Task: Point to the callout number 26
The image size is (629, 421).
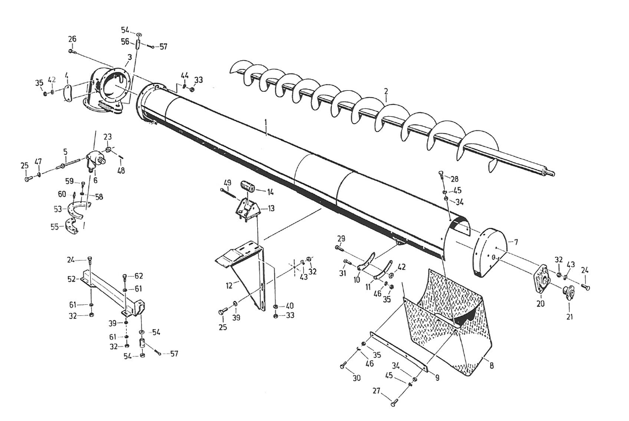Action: click(72, 39)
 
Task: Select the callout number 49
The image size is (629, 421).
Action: click(227, 183)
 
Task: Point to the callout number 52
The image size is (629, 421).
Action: click(72, 279)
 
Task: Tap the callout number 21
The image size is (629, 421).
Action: click(569, 317)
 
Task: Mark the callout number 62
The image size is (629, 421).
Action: click(138, 276)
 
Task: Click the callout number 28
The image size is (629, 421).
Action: click(455, 179)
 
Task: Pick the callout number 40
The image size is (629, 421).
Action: click(290, 305)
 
